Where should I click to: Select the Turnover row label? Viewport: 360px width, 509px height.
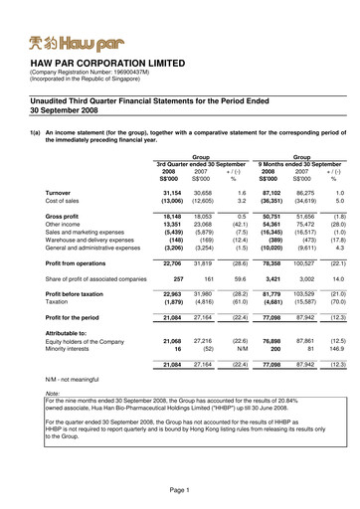[59, 190]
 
